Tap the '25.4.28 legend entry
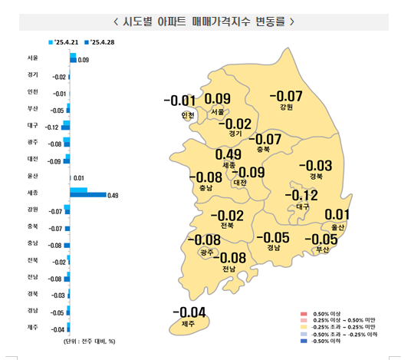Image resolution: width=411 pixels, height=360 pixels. tap(100, 42)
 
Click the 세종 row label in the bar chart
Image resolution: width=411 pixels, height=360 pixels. tap(31, 192)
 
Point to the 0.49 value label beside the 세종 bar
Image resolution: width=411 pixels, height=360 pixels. tap(113, 196)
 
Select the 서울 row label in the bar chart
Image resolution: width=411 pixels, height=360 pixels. tap(31, 58)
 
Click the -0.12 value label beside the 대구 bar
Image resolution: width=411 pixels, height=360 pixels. tap(52, 127)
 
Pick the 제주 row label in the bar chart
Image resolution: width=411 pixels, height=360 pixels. tap(31, 329)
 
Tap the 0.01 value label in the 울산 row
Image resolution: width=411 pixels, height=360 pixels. tap(77, 178)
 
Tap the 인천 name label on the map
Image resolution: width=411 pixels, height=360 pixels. tap(189, 116)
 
